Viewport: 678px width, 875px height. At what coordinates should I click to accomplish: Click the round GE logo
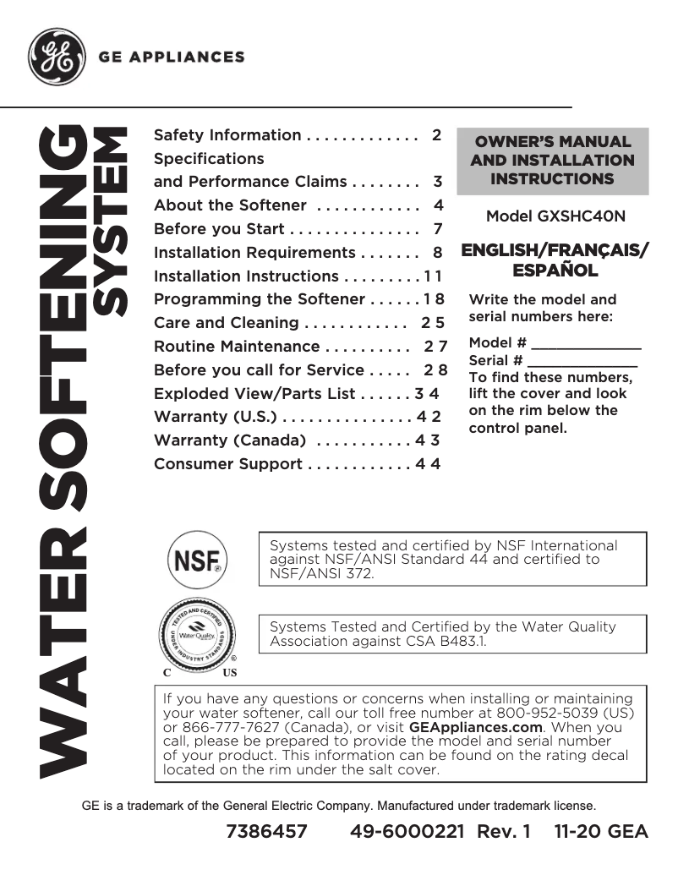[x=57, y=57]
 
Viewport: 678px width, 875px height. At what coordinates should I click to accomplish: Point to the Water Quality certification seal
[x=198, y=633]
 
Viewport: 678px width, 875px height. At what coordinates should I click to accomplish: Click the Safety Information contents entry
[x=227, y=135]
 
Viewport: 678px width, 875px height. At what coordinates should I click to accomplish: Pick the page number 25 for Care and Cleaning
[x=433, y=323]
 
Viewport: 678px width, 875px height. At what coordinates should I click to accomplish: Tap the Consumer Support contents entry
[x=227, y=464]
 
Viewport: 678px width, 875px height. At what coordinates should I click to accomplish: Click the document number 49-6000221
[x=408, y=832]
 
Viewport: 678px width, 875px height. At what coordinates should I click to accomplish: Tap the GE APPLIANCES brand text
[x=172, y=57]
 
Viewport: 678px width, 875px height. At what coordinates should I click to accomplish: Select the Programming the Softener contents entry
[x=260, y=299]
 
